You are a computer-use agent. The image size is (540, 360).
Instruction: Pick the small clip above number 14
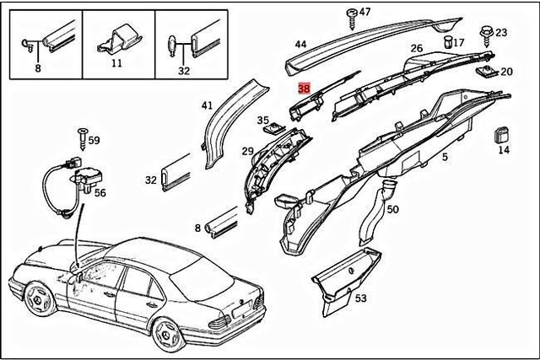tap(502, 134)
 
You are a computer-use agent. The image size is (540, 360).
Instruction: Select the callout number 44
tap(300, 44)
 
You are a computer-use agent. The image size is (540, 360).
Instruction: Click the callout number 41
tap(207, 105)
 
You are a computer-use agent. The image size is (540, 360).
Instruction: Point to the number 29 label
tap(247, 151)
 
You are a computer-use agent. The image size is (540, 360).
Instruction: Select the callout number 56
tap(100, 193)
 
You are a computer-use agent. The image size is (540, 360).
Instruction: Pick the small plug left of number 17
tap(445, 41)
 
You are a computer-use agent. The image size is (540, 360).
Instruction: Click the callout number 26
tap(417, 48)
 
